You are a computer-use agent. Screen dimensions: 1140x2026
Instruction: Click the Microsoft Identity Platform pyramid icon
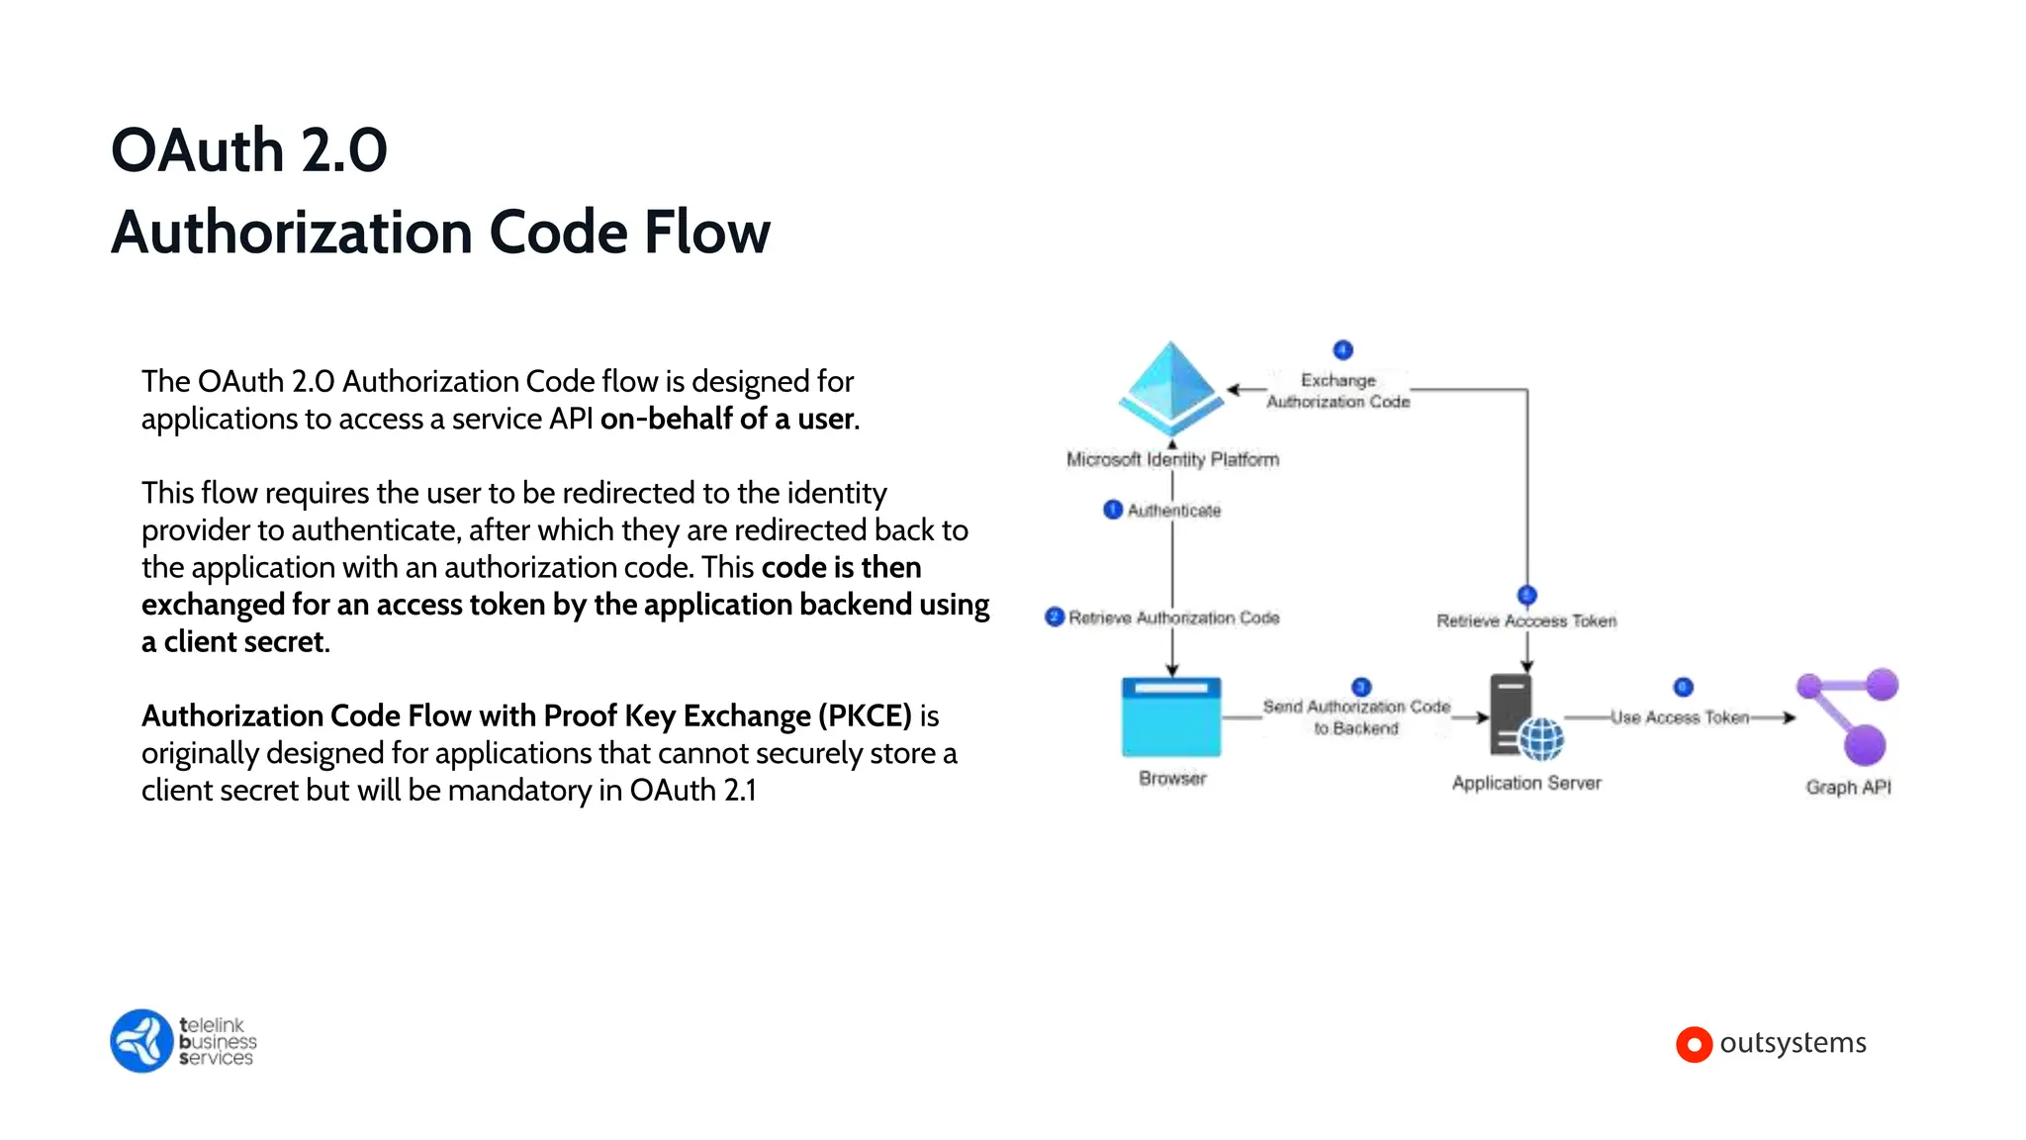(1170, 389)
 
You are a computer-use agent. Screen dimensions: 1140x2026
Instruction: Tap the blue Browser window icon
(1171, 717)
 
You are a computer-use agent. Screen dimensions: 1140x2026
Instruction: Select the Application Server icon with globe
(1524, 718)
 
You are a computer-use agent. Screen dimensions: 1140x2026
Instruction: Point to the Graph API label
(1848, 787)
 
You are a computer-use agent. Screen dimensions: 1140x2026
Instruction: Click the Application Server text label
(1525, 783)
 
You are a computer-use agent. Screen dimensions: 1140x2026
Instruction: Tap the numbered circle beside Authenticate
(1113, 510)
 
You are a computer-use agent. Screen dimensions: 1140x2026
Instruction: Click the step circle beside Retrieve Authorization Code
(1055, 617)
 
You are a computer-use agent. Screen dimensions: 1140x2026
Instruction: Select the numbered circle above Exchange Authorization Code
(1342, 349)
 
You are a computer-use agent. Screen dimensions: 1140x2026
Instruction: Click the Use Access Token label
(1679, 717)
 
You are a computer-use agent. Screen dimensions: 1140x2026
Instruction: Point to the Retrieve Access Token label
(1525, 620)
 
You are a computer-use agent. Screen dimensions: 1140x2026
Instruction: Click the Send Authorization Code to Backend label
(1356, 717)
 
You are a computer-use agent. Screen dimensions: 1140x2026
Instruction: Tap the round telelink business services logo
(142, 1040)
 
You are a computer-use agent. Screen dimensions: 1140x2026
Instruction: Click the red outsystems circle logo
(1694, 1044)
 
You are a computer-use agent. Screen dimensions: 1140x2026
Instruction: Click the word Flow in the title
(706, 233)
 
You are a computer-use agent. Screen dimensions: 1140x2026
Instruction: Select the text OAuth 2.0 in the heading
(249, 150)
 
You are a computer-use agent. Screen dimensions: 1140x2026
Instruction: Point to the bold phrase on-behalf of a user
(728, 419)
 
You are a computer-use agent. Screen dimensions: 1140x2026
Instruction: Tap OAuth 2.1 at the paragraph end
(692, 791)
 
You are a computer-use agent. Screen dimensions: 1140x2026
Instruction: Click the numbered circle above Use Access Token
(1683, 687)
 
